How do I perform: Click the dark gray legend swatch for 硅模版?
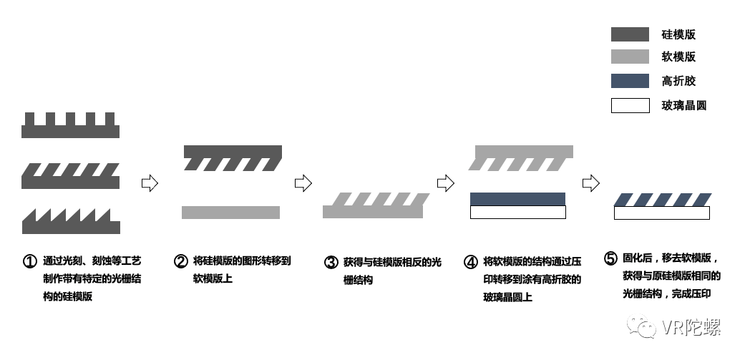point(630,34)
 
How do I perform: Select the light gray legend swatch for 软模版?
point(630,57)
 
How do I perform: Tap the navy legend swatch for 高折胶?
point(630,81)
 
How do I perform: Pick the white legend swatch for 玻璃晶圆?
point(630,106)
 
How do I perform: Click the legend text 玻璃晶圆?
point(684,106)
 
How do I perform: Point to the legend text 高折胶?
point(679,81)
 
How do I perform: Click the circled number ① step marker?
point(29,261)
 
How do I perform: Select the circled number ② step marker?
point(180,261)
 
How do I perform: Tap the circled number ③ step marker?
point(331,262)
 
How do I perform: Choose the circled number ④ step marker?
point(470,262)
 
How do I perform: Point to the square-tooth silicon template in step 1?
point(70,129)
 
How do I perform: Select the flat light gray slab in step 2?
point(230,212)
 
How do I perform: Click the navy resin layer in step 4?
point(518,198)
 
